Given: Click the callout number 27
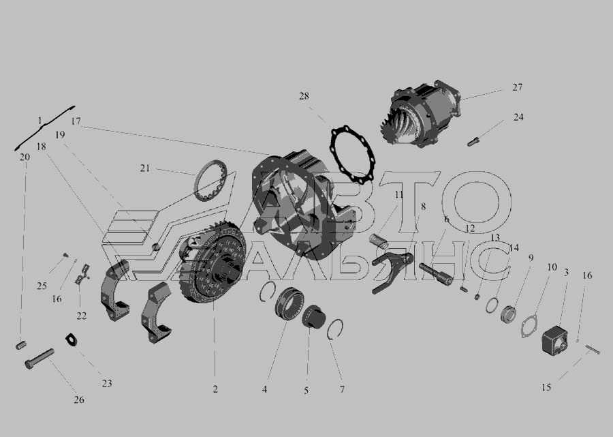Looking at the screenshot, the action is (517, 87).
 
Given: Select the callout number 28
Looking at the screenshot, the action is (304, 96).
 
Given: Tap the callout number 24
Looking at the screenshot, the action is (518, 117).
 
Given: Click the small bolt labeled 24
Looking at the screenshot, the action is (473, 141).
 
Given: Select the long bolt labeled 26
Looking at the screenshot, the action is (40, 359).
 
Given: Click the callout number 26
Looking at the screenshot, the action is (79, 400).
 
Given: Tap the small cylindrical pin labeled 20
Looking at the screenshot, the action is (20, 345).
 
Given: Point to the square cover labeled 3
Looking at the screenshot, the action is (554, 340).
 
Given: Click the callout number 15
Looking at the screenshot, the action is (546, 387).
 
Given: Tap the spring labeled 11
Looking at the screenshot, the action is (379, 240).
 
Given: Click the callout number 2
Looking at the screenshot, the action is (215, 389).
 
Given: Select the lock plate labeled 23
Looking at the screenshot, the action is (71, 340).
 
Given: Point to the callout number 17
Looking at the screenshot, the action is (76, 121).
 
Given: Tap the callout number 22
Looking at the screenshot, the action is (81, 316).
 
